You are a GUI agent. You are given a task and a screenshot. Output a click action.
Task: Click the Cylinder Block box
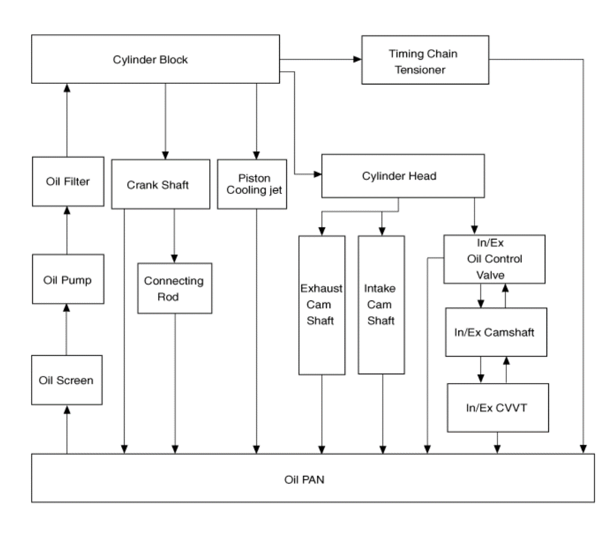[155, 59]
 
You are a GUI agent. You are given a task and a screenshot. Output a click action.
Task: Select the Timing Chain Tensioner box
[425, 60]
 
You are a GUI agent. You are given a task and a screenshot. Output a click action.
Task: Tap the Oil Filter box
[68, 181]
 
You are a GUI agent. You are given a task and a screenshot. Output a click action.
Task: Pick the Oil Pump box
[68, 279]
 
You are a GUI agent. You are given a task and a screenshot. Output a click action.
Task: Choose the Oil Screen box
[67, 380]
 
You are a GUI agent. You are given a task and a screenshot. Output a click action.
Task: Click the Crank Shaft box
[161, 184]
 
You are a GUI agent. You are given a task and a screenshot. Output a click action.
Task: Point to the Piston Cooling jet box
[252, 184]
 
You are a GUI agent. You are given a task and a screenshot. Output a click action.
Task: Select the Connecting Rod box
[175, 288]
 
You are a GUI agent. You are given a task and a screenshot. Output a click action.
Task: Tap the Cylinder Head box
[403, 176]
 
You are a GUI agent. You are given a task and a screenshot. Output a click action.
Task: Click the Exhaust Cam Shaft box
[322, 305]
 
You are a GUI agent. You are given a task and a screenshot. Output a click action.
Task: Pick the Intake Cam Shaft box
[381, 305]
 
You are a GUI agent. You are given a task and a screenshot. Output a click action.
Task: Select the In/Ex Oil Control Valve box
[494, 259]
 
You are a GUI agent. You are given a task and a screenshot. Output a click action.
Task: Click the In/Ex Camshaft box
[496, 332]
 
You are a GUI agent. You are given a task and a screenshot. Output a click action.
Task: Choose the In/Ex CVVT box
[498, 408]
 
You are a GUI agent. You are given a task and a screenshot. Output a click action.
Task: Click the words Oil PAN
[304, 480]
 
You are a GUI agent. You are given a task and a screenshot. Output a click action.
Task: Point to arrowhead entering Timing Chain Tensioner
[358, 59]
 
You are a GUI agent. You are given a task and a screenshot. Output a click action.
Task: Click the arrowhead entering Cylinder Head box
[318, 174]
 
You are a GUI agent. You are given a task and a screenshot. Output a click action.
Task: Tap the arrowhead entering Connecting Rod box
[174, 259]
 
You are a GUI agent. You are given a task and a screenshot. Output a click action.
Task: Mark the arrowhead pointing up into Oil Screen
[67, 409]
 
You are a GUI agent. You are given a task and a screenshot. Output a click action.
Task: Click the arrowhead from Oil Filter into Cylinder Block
[67, 88]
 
